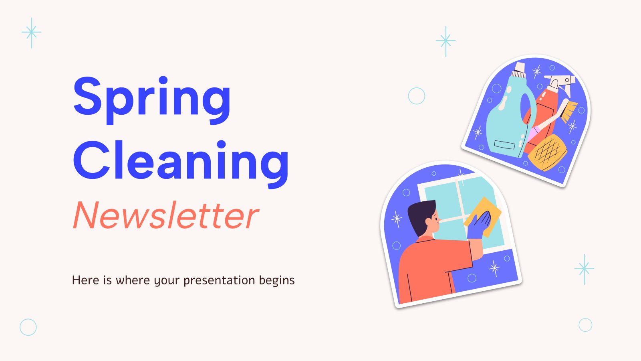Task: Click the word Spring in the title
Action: tap(152, 100)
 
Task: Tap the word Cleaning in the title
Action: tap(181, 164)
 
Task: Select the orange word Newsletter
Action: tap(166, 215)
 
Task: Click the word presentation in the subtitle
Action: tap(219, 280)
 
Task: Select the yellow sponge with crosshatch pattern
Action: tap(547, 152)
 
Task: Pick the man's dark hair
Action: tap(420, 215)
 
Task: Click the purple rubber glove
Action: tap(478, 226)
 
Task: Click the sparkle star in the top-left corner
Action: tap(32, 32)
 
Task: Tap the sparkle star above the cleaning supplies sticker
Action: tap(445, 41)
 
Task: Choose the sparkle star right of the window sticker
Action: tap(584, 269)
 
